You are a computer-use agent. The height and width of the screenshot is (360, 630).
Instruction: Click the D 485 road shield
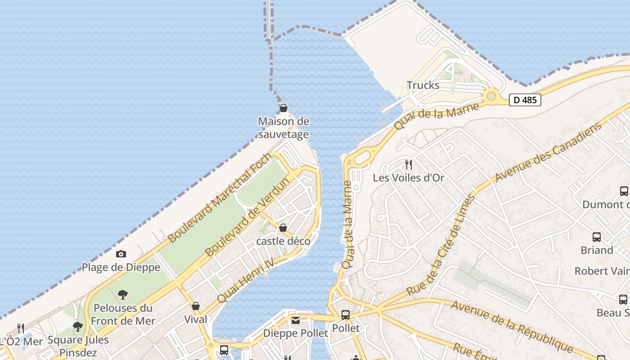click(x=525, y=100)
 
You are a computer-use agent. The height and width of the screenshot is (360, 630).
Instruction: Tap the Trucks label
click(x=423, y=85)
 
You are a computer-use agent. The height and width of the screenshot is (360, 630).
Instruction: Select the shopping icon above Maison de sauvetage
click(x=283, y=108)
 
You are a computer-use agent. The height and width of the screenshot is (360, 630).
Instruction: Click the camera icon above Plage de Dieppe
click(x=121, y=254)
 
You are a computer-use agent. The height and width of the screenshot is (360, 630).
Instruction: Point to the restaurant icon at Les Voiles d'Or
click(x=409, y=164)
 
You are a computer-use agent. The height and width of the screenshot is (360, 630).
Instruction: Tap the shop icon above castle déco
click(x=283, y=228)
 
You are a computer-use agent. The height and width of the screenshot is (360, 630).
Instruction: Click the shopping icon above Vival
click(x=196, y=306)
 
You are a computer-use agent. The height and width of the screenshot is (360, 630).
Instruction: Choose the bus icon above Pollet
click(x=346, y=315)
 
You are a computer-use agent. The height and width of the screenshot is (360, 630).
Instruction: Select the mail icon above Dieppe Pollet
click(x=296, y=320)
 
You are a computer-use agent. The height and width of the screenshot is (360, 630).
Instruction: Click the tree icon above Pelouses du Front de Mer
click(x=122, y=295)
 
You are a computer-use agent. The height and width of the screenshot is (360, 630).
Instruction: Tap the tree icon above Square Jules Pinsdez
click(x=78, y=326)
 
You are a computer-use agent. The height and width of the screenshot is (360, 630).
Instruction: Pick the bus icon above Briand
click(x=597, y=237)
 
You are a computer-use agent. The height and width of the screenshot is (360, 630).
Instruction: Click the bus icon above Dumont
click(x=624, y=191)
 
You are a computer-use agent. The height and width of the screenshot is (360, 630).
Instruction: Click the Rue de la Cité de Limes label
click(x=441, y=245)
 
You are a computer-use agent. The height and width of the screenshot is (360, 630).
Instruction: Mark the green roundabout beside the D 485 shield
click(x=491, y=96)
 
